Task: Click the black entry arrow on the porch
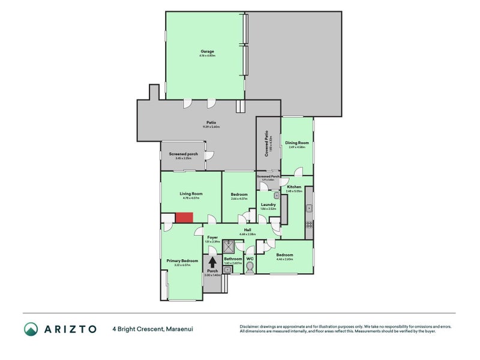click(x=212, y=262)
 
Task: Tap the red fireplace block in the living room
click(x=184, y=217)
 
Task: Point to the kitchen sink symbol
click(x=308, y=208)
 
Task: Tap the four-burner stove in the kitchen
click(x=309, y=226)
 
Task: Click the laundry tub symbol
click(x=277, y=196)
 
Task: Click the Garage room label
click(x=208, y=52)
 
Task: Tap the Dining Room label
click(x=296, y=143)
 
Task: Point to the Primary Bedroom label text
click(x=182, y=261)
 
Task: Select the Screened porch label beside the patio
click(x=183, y=154)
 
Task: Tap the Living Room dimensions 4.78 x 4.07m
click(x=191, y=198)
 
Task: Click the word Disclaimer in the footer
click(x=251, y=326)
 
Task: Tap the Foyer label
click(x=212, y=237)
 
